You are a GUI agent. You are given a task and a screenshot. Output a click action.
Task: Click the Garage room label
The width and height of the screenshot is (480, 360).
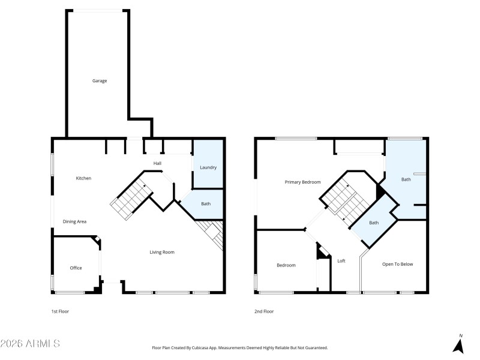(100, 80)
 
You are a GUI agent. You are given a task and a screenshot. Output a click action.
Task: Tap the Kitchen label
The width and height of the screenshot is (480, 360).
(83, 178)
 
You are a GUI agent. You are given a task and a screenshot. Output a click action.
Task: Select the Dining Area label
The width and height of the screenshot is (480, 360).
(75, 222)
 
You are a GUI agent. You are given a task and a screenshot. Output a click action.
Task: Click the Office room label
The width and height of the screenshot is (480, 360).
(76, 268)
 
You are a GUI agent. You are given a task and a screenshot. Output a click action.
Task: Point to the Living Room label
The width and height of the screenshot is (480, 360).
(162, 252)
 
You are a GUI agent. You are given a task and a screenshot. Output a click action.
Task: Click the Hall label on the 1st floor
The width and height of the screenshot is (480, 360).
(157, 163)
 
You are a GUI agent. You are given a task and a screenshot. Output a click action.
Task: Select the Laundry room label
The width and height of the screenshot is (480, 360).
(208, 167)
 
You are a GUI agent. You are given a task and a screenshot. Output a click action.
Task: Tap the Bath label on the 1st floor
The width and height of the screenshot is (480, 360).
(206, 204)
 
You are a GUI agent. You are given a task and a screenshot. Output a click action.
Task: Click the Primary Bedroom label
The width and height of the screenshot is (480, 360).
(302, 182)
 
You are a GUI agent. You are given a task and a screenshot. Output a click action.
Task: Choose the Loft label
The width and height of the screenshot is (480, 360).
(341, 261)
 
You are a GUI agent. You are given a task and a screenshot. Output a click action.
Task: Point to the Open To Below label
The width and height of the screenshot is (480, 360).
(398, 264)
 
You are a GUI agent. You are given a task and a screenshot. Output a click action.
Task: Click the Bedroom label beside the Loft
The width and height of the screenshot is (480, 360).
(286, 265)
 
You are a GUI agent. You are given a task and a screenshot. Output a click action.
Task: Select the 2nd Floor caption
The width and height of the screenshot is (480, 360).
(264, 311)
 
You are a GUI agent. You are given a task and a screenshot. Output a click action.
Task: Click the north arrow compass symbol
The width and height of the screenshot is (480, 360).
(459, 344)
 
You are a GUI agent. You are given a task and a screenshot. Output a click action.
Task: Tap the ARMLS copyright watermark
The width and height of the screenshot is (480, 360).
(30, 344)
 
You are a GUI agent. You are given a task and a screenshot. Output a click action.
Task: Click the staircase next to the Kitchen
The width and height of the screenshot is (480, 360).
(131, 198)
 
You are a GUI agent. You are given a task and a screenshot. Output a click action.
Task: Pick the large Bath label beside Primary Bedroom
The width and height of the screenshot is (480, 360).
(406, 179)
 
